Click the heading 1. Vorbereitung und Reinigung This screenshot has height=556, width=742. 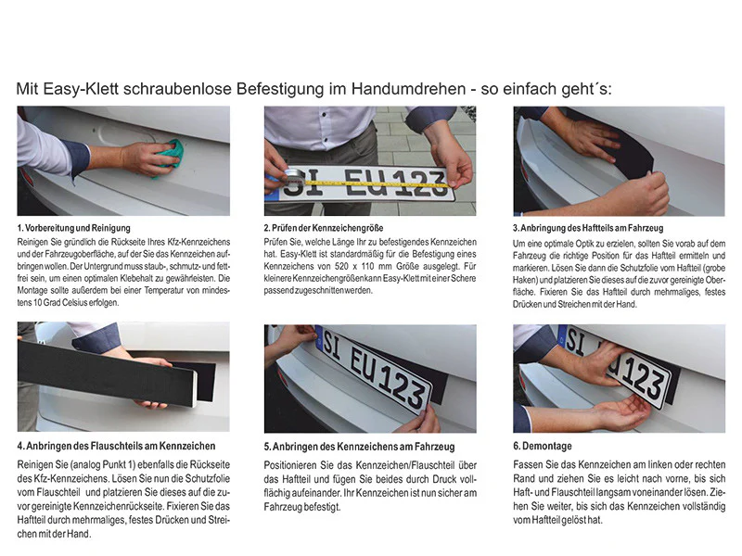pos(73,227)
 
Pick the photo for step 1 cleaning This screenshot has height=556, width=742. pos(123,160)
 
